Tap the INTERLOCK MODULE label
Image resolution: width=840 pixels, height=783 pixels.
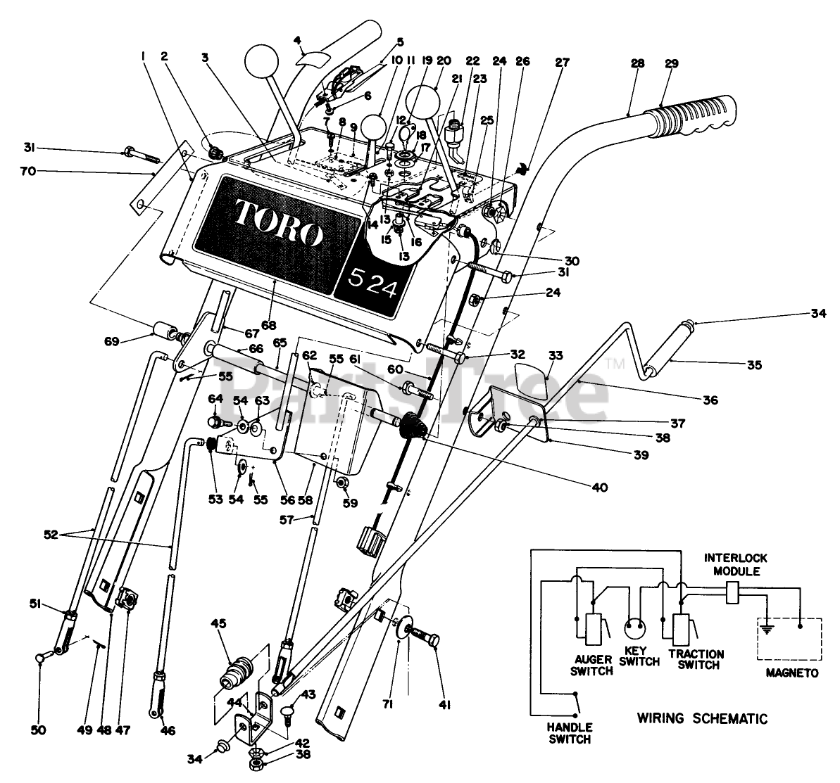point(735,564)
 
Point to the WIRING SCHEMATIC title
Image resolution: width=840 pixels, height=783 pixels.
point(702,718)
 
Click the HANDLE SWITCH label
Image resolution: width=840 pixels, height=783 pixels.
point(569,732)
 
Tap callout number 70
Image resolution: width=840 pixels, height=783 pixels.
point(28,171)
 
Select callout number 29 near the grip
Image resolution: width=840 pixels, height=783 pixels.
point(671,63)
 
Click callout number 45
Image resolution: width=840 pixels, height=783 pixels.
point(218,623)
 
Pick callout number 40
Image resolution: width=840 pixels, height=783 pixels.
point(600,488)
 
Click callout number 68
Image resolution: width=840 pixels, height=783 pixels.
point(268,325)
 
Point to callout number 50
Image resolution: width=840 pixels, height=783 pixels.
point(38,730)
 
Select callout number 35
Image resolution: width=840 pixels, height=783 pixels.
point(754,365)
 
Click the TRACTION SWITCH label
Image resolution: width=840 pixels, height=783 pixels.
point(696,659)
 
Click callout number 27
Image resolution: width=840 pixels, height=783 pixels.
point(562,62)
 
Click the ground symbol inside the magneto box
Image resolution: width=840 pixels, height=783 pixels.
point(767,630)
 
